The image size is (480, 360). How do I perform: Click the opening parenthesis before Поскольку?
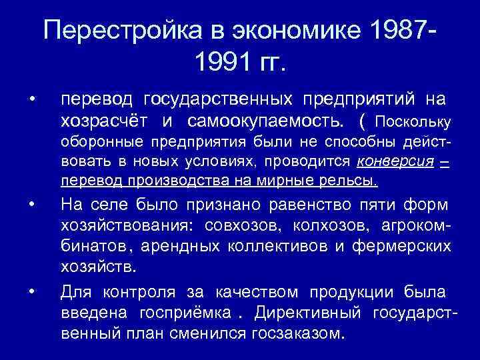tap(362, 121)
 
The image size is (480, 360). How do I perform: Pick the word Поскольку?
tap(414, 122)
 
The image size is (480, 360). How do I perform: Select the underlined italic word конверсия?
tap(395, 161)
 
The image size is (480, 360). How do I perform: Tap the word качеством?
tap(258, 292)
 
